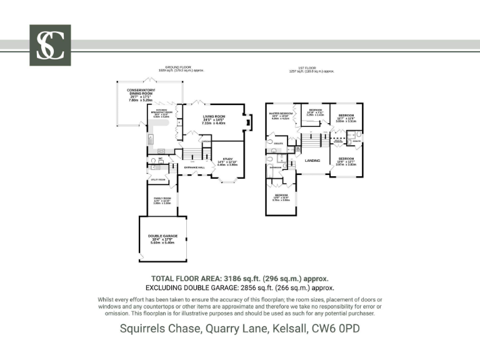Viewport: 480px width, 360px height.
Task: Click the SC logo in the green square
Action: pyautogui.click(x=50, y=45)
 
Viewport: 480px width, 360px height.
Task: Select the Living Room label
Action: pyautogui.click(x=214, y=117)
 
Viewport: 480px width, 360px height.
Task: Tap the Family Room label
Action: pyautogui.click(x=162, y=199)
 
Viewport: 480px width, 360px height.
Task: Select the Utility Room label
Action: pyautogui.click(x=157, y=180)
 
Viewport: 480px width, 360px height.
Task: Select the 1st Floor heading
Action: pyautogui.click(x=316, y=67)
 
